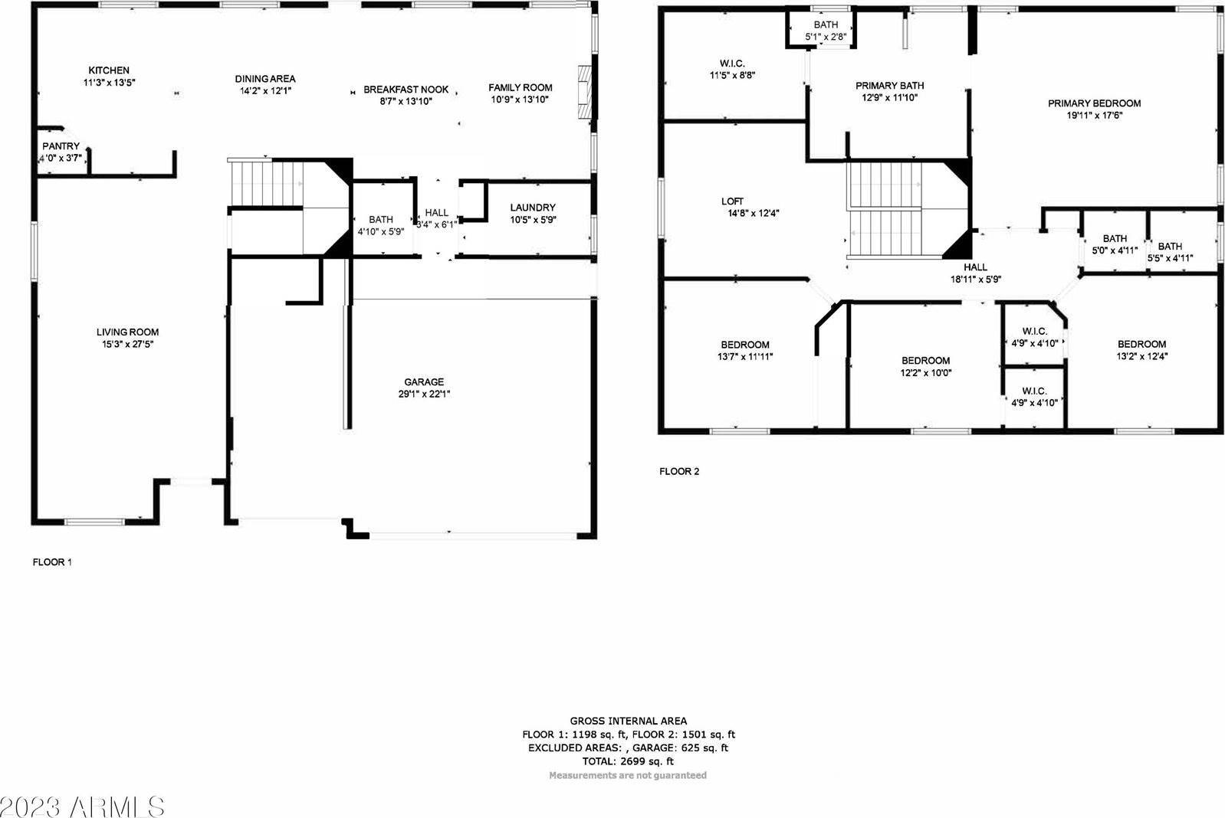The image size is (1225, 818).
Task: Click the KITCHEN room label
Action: (110, 70)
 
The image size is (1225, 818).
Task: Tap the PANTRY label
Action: (61, 146)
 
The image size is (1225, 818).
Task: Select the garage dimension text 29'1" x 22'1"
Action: (424, 394)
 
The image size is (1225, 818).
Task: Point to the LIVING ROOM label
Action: (127, 332)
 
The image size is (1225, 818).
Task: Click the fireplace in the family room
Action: (585, 92)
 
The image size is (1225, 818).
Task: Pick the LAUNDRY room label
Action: (533, 208)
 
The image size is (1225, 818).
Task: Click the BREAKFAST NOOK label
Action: (406, 89)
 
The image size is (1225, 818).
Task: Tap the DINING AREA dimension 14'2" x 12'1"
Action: (265, 90)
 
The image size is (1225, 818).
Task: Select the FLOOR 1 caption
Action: (52, 561)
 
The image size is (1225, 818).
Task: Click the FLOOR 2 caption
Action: (679, 471)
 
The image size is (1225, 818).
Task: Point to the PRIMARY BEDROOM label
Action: (1094, 103)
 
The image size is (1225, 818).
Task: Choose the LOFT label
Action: (732, 201)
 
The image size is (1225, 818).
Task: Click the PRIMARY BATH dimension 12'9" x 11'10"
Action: (890, 98)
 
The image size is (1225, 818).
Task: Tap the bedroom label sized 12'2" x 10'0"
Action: (926, 361)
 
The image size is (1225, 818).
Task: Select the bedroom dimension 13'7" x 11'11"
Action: (745, 357)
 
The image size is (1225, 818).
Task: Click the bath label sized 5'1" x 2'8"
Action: (826, 25)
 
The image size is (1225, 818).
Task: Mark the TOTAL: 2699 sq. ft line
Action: (628, 761)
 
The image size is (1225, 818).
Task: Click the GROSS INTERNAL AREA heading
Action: (629, 721)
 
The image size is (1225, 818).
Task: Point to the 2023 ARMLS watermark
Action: (82, 807)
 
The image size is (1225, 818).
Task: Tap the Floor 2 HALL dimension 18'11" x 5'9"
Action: (976, 280)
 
